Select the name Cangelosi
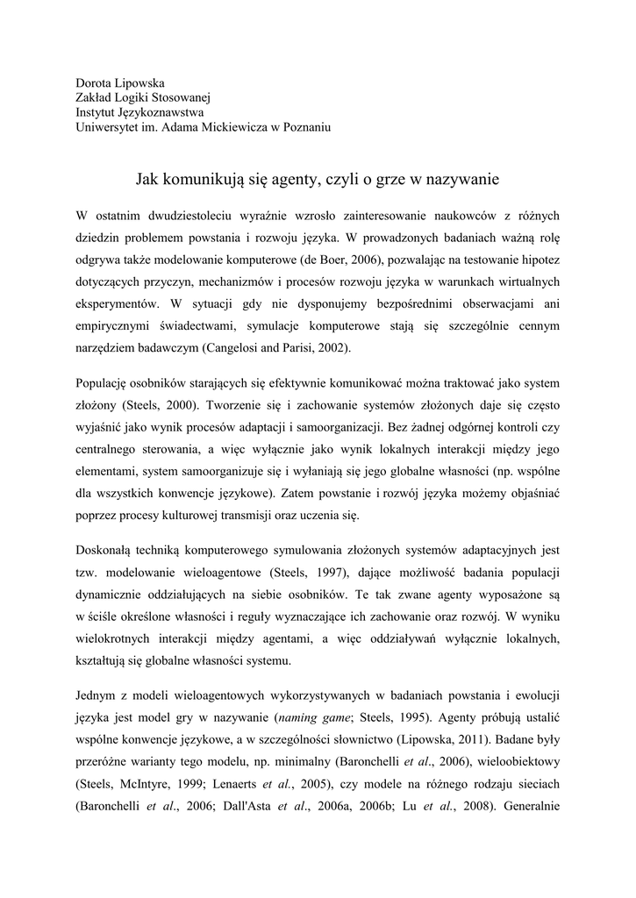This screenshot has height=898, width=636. [239, 349]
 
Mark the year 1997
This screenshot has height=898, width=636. [328, 574]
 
